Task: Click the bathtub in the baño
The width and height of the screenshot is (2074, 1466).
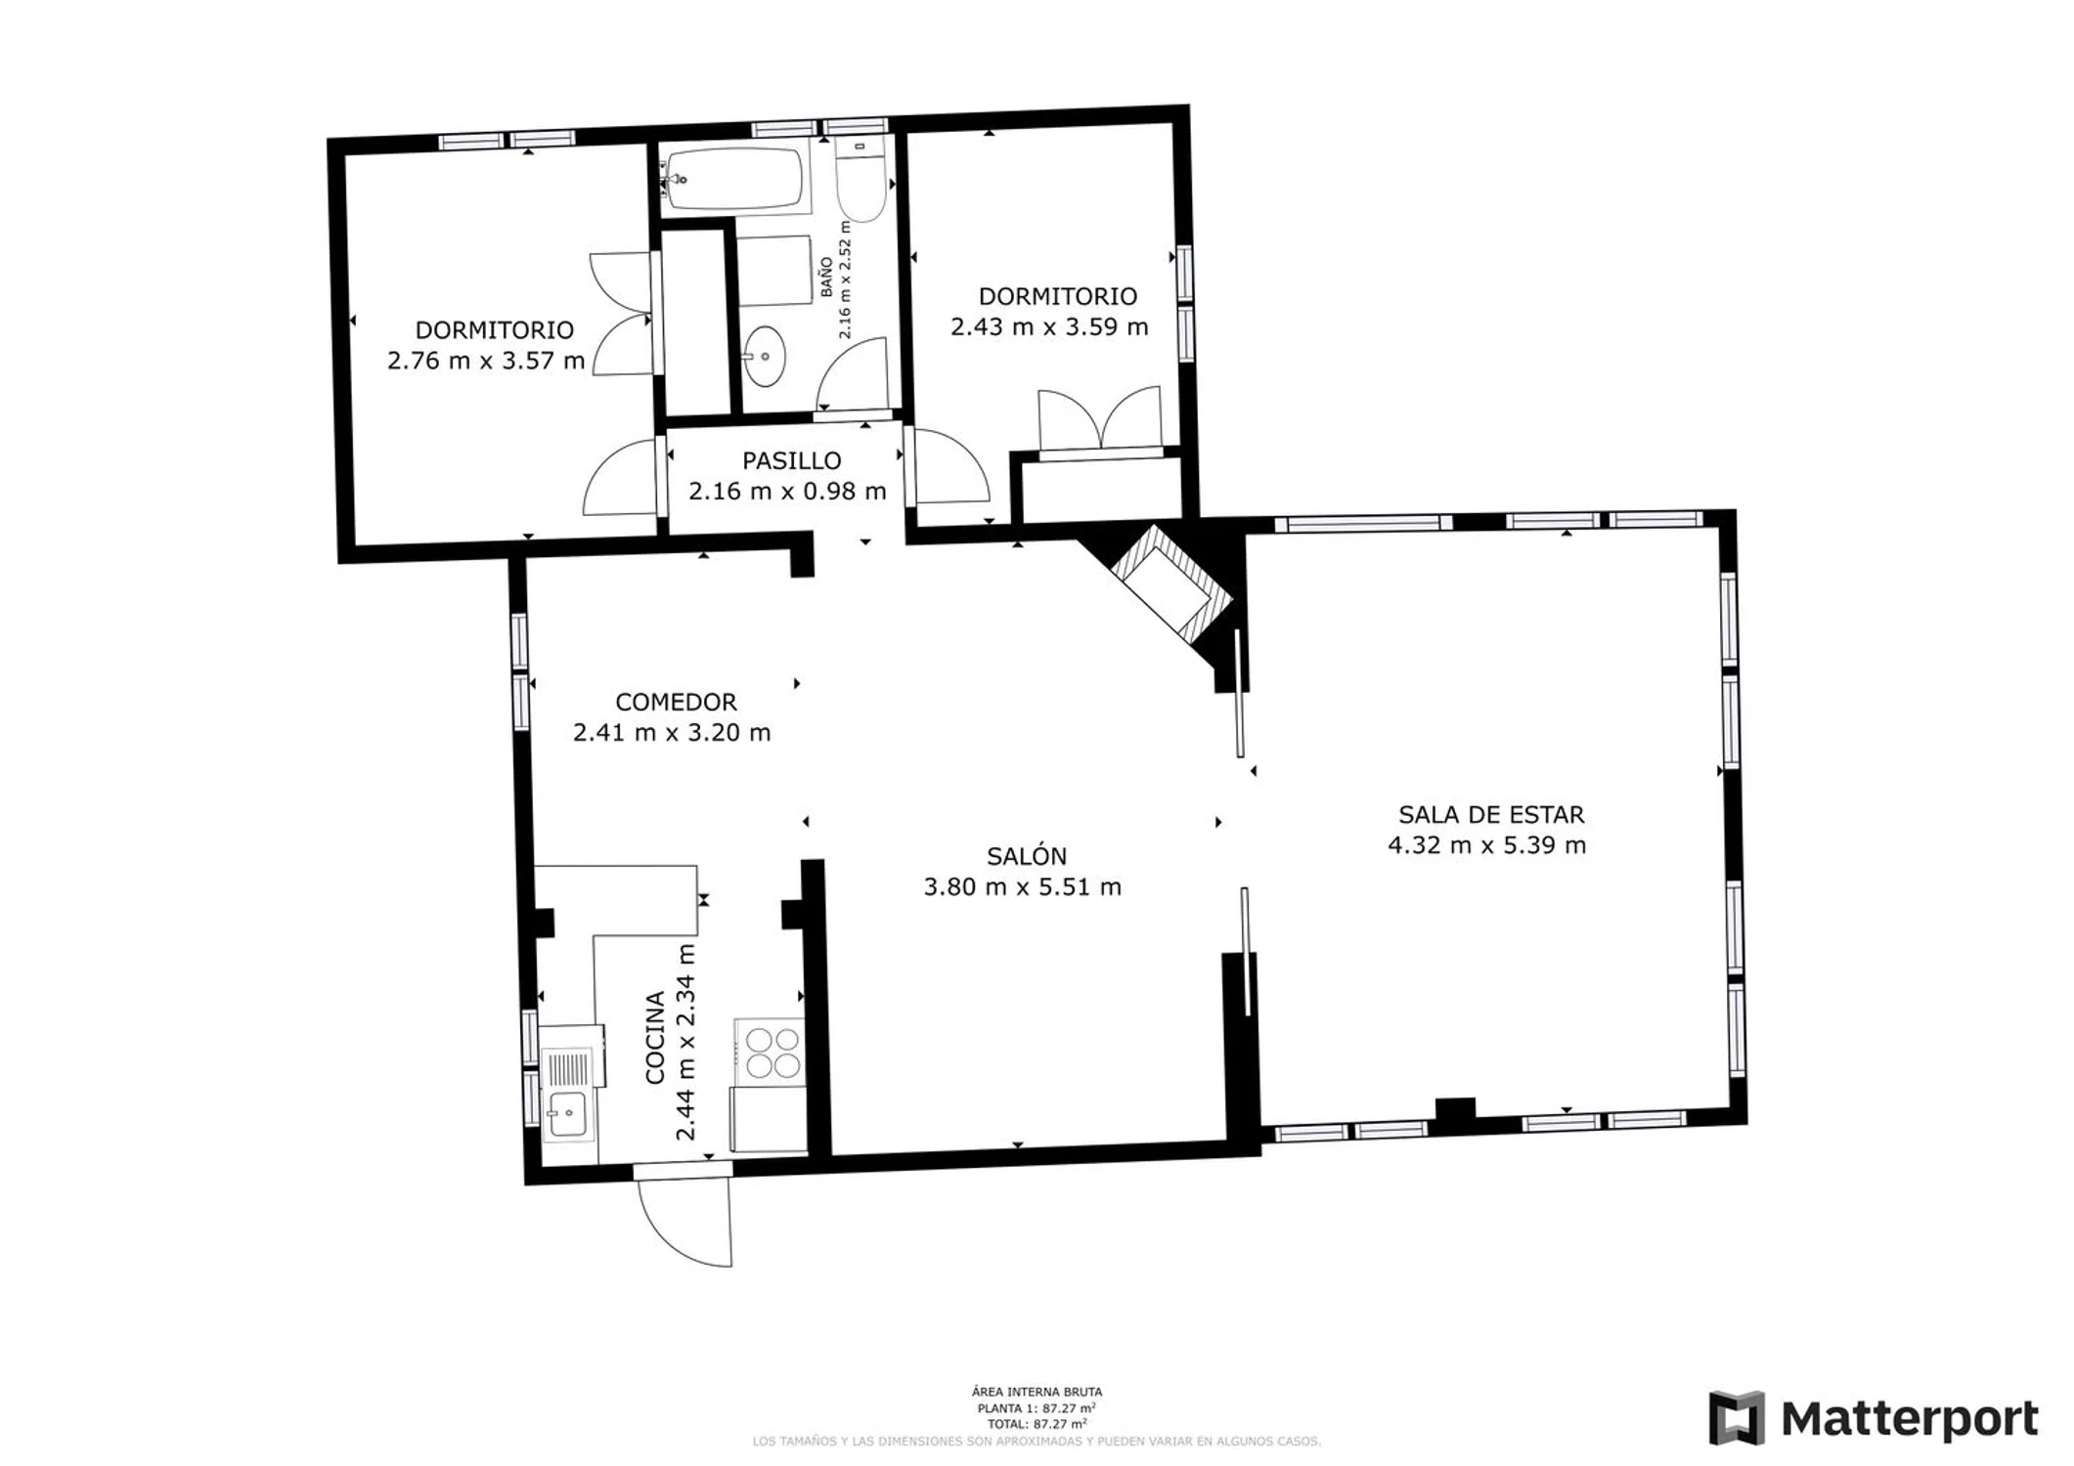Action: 734,180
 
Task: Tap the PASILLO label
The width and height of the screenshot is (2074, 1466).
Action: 791,460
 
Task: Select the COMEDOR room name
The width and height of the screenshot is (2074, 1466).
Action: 676,702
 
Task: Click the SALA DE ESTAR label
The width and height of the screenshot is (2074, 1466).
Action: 1490,814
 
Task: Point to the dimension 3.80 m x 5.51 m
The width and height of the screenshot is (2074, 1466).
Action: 1023,886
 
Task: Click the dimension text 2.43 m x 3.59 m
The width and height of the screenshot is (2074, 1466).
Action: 1049,326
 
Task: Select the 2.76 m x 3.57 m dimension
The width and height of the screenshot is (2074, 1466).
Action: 486,361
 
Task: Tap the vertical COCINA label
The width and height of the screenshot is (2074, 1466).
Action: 655,1037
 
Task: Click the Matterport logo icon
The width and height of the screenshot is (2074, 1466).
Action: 1737,1418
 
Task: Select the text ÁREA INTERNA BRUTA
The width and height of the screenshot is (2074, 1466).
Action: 1037,1392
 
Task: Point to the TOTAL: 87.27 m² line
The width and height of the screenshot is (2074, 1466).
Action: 1037,1424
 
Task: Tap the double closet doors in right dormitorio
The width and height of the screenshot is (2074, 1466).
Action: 1100,419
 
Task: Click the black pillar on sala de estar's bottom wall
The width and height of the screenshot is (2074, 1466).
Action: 1455,1108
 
